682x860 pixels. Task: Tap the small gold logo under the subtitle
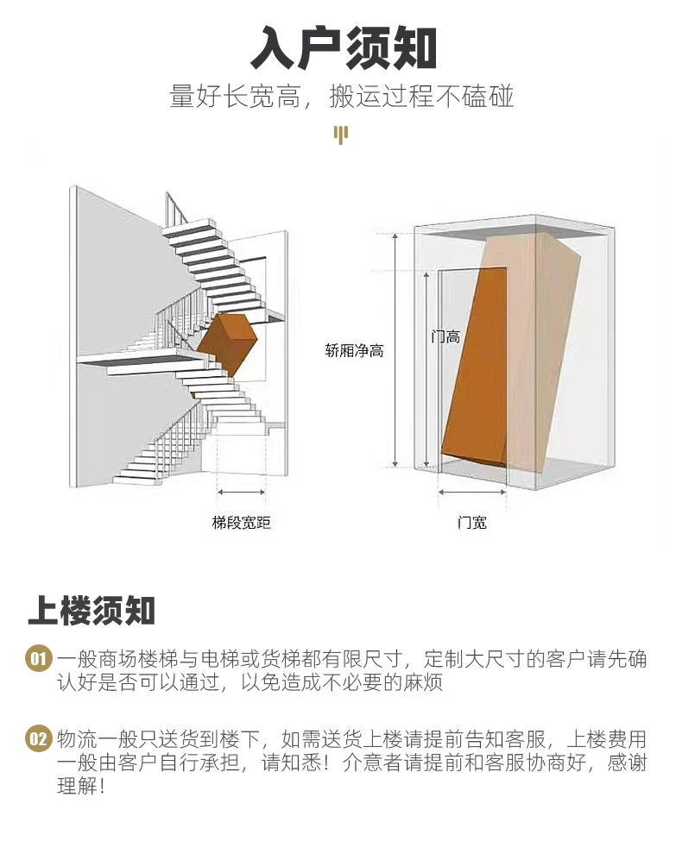pos(341,135)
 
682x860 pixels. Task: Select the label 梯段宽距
pos(241,523)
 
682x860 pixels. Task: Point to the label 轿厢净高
pos(354,351)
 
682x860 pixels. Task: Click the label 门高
pos(445,337)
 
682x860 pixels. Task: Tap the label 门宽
pos(471,523)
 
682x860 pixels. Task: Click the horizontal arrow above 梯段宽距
pos(242,493)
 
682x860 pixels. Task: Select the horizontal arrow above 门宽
pos(472,493)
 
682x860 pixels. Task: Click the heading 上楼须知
pos(92,610)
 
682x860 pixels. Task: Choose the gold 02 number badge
pos(39,739)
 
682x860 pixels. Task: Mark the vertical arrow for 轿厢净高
pos(395,349)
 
